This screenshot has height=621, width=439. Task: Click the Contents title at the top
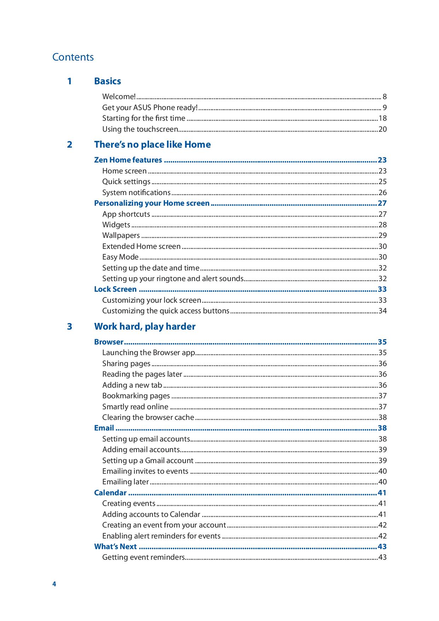coord(73,57)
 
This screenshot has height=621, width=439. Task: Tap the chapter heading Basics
coord(107,81)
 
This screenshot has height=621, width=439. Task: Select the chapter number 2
coord(69,144)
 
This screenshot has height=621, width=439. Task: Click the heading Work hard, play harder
coord(144,326)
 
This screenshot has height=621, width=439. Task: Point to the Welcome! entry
coord(119,97)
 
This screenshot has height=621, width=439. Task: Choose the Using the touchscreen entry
coord(140,129)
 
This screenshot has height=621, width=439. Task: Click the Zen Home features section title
coord(128,160)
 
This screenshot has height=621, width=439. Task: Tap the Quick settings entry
coord(126,182)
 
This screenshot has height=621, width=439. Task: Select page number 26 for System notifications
coord(382,193)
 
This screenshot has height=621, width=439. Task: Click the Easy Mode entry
coord(120,257)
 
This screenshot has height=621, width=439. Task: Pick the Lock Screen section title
coord(115,289)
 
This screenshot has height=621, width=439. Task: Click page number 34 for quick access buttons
coord(382,311)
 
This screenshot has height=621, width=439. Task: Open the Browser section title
coord(108,342)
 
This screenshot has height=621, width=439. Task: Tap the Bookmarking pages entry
coord(136,396)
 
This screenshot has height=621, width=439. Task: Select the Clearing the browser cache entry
coord(148,417)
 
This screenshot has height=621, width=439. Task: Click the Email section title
coord(104,428)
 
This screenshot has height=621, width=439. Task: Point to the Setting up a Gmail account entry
coord(148,461)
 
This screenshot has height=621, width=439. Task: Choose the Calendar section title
coord(110,493)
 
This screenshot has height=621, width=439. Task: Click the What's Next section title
coord(115,547)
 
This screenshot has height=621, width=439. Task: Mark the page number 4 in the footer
coord(54,584)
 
